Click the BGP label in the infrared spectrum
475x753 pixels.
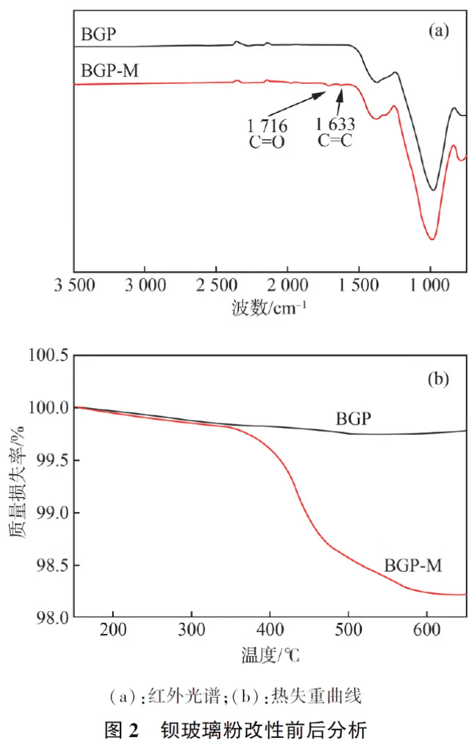[98, 34]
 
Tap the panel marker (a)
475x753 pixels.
[439, 30]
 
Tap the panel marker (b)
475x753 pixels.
[439, 378]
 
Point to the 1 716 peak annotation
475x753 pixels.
[267, 127]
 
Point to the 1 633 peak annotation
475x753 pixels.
[335, 125]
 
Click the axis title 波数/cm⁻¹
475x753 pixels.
[269, 307]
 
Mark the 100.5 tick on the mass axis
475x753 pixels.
[48, 356]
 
